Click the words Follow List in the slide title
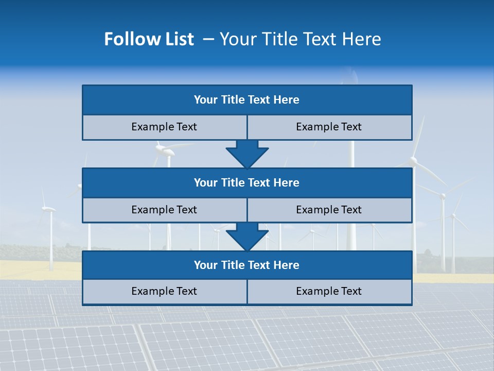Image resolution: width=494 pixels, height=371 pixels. click(x=149, y=39)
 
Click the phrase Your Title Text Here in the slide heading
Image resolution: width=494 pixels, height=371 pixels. click(x=300, y=39)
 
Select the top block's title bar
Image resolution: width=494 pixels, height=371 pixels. click(x=247, y=100)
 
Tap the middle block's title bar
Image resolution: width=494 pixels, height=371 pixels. click(x=247, y=182)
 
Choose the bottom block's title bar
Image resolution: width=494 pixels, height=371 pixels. click(x=247, y=265)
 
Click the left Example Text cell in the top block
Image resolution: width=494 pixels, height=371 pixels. click(x=164, y=127)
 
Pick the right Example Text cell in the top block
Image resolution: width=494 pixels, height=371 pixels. click(x=329, y=127)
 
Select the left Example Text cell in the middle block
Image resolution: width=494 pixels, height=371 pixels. click(x=164, y=210)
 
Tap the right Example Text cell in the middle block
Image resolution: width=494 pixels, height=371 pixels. click(x=329, y=210)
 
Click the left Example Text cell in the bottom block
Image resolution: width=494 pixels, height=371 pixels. click(x=164, y=291)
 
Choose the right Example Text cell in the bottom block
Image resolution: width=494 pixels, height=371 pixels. click(x=329, y=291)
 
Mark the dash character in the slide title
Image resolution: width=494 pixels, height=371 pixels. click(x=208, y=39)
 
